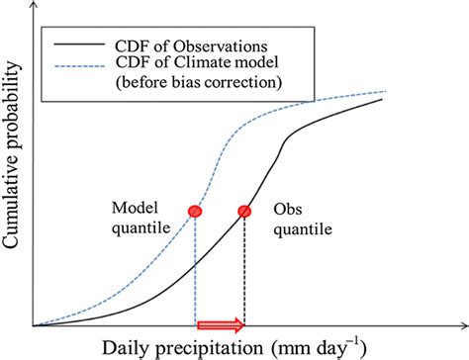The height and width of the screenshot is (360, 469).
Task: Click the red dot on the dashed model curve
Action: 195,211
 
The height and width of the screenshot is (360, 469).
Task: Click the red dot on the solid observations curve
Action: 244,211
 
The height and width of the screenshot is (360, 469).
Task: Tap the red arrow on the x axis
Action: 221,324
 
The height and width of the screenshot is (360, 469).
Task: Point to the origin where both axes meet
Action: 34,325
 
